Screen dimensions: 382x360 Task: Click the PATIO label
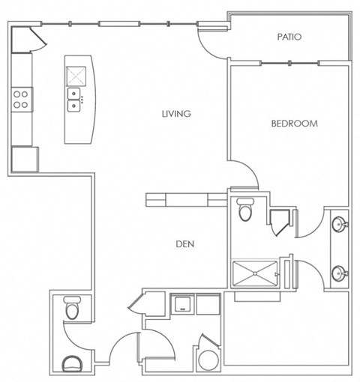[289, 36]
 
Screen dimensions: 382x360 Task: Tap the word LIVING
[177, 114]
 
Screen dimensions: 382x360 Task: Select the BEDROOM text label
[294, 124]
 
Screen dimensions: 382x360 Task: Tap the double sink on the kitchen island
[75, 97]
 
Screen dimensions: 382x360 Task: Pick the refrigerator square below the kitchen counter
[24, 159]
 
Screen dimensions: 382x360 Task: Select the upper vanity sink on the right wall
[340, 225]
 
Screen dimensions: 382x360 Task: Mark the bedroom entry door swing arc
[244, 174]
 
